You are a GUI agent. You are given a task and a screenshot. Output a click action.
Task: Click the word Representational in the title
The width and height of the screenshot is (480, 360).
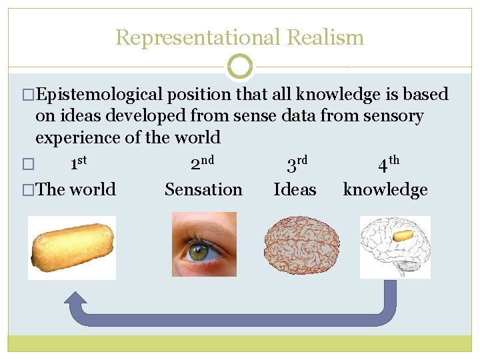[198, 37]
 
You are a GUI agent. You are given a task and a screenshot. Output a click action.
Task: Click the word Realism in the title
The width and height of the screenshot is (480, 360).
[325, 37]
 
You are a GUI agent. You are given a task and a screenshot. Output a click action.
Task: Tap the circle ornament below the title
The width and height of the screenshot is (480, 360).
[240, 67]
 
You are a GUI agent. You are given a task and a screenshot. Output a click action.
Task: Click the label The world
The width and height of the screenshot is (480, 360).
[75, 189]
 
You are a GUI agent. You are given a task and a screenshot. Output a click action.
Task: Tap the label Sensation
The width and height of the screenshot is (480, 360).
[203, 189]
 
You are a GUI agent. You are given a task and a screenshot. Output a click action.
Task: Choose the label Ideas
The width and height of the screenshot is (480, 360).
[295, 189]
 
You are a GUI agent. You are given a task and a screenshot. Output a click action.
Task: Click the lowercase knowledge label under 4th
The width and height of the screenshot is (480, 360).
[385, 190]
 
